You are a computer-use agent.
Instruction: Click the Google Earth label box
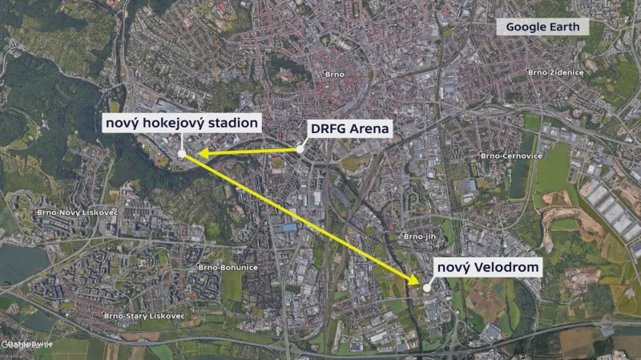[x=542, y=26]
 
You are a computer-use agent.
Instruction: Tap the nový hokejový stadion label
[x=183, y=123]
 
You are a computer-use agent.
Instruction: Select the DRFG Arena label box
[x=349, y=128]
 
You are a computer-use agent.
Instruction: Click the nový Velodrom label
[x=487, y=267]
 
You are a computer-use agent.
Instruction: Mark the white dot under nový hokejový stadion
[x=183, y=153]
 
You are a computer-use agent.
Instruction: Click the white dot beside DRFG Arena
[x=300, y=149]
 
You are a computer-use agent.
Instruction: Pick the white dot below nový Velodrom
[x=427, y=287]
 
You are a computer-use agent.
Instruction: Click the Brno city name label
[x=334, y=75]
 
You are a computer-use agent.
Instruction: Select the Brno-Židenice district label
[x=555, y=72]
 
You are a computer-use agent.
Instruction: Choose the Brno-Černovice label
[x=508, y=155]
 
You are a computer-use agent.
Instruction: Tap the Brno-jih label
[x=419, y=237]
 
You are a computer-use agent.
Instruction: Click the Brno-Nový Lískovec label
[x=74, y=212]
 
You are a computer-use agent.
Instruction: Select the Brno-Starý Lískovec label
[x=144, y=316]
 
